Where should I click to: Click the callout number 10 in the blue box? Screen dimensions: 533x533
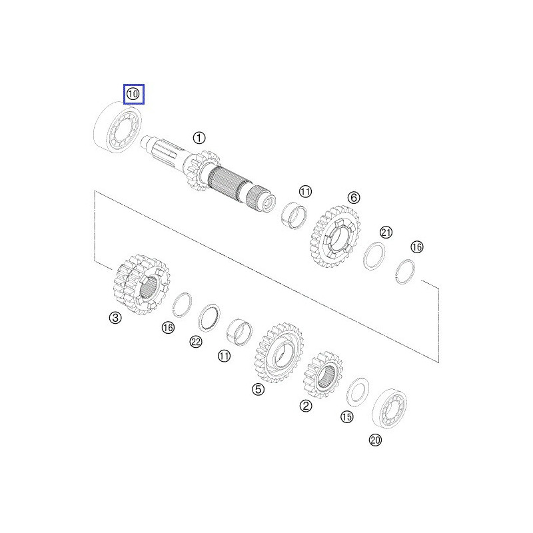(x=133, y=94)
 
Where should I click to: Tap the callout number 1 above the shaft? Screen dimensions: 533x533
(x=199, y=138)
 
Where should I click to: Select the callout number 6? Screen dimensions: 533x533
(x=353, y=197)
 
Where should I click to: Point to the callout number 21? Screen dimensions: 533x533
(x=386, y=232)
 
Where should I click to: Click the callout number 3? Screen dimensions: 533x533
(x=115, y=318)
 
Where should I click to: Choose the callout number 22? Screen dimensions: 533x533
(x=195, y=342)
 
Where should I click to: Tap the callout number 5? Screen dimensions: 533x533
(x=258, y=389)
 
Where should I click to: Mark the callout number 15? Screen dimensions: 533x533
(x=346, y=417)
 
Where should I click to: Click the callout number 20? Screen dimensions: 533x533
(x=375, y=440)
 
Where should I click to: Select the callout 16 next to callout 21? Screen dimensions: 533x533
(x=416, y=247)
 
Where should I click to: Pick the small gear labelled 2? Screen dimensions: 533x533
(x=323, y=376)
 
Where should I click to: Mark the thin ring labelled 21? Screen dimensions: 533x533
(x=376, y=256)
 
